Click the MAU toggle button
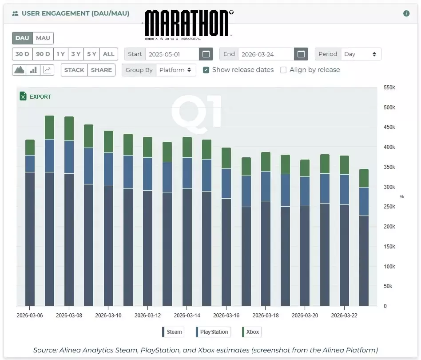[43, 38]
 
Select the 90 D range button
[43, 54]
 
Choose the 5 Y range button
[91, 54]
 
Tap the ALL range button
[108, 54]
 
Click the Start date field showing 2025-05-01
[171, 54]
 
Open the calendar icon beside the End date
[301, 54]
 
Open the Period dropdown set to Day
[360, 54]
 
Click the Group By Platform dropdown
[176, 70]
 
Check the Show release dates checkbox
[206, 70]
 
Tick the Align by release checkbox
[283, 70]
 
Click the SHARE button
[101, 70]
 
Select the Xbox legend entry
[251, 332]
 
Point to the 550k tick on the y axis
[389, 88]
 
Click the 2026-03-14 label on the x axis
[187, 316]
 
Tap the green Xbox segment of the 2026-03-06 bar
[30, 148]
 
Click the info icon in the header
[406, 14]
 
